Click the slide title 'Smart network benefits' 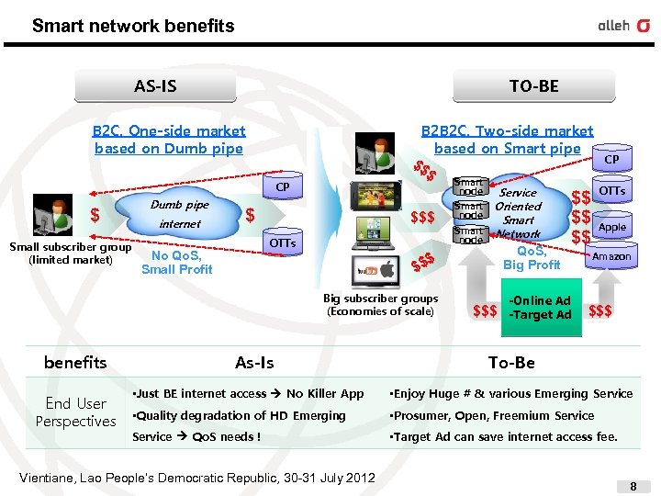[x=133, y=26]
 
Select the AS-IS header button [x=155, y=86]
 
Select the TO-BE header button [x=533, y=86]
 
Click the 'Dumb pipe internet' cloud [x=180, y=214]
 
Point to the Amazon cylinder [x=611, y=256]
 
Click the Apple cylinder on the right [x=611, y=226]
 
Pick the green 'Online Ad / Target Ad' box [x=540, y=308]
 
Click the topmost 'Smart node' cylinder [x=469, y=187]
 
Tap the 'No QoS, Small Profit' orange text [x=176, y=263]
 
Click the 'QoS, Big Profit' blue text [x=532, y=258]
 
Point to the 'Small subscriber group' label [x=70, y=253]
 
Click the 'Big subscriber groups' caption [x=380, y=304]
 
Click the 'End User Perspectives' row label [x=75, y=412]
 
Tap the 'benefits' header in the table [x=75, y=363]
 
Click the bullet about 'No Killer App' [x=248, y=393]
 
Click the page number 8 [x=633, y=484]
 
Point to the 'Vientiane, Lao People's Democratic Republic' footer [x=196, y=478]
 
